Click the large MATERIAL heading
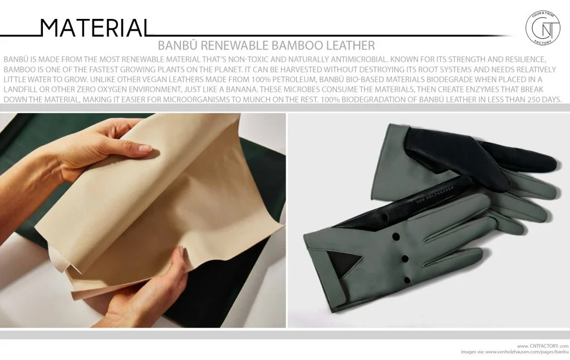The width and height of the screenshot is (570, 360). point(95,28)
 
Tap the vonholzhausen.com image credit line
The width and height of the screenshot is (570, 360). point(515,352)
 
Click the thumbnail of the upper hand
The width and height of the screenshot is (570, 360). point(145,149)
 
